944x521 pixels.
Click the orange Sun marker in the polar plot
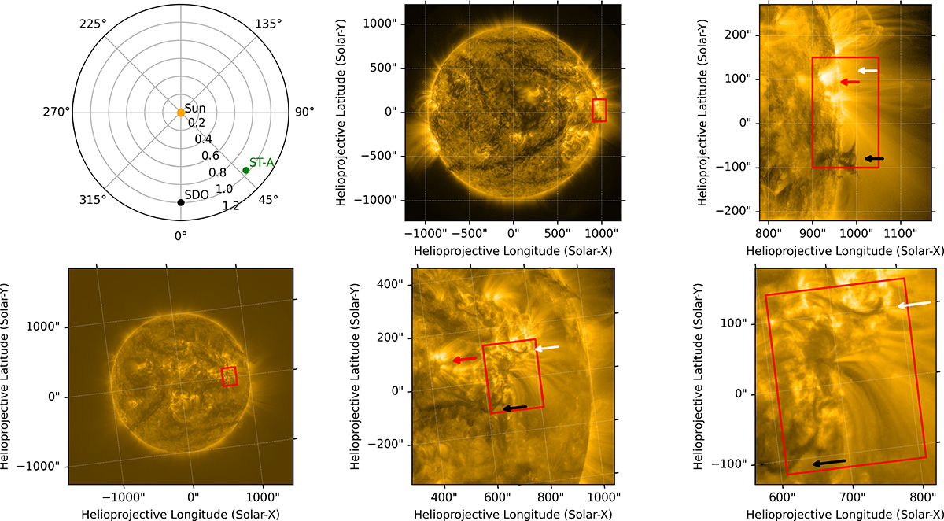click(181, 113)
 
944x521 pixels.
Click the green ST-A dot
click(245, 170)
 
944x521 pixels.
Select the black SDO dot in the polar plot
click(181, 202)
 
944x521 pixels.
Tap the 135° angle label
click(268, 24)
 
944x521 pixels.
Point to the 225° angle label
click(93, 24)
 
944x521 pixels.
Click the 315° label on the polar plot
click(93, 200)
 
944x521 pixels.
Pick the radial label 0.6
click(210, 156)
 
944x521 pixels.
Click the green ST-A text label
click(262, 162)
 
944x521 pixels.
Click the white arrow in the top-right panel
click(868, 70)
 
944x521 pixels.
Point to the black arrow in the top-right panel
click(875, 158)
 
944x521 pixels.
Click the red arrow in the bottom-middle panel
click(465, 359)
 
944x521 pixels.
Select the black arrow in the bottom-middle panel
click(515, 408)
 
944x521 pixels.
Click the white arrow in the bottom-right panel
click(914, 305)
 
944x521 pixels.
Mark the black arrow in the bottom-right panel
click(829, 463)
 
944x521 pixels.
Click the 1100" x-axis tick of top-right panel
click(901, 233)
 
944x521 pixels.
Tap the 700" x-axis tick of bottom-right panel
click(853, 497)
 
